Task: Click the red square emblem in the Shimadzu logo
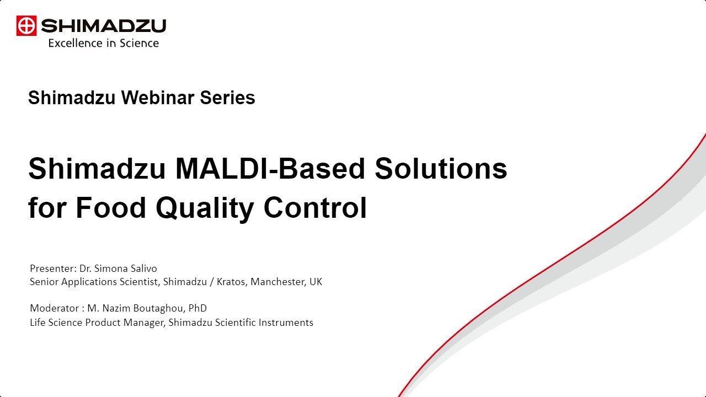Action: coord(26,26)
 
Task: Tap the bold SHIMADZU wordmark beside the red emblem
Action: coord(103,26)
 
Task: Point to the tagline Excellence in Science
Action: coord(103,43)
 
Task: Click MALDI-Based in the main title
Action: coord(270,169)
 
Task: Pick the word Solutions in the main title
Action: coord(441,169)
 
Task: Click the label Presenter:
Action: coord(53,269)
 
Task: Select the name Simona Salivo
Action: coord(126,269)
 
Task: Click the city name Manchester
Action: coord(278,282)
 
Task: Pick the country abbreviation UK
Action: coord(315,282)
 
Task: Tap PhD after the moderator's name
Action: coord(197,308)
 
